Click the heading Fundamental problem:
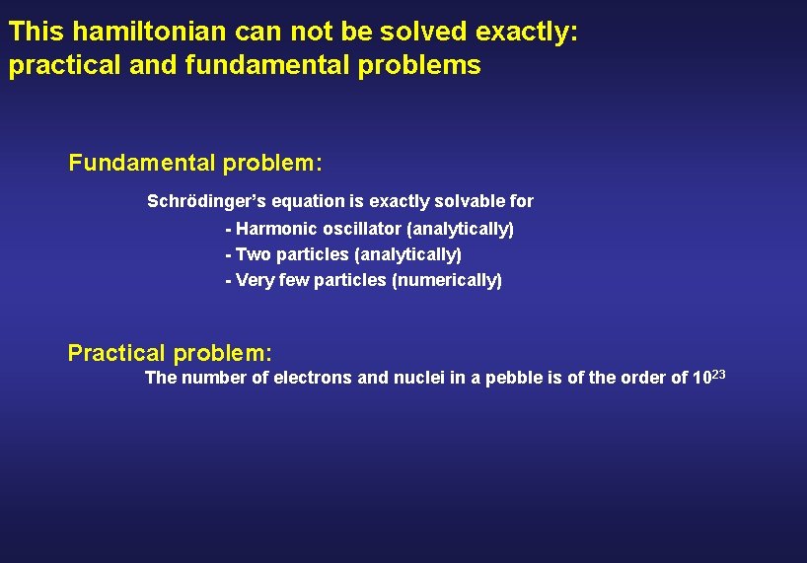[195, 163]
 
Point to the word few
[294, 281]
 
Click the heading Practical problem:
[170, 353]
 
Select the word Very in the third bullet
[255, 281]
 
